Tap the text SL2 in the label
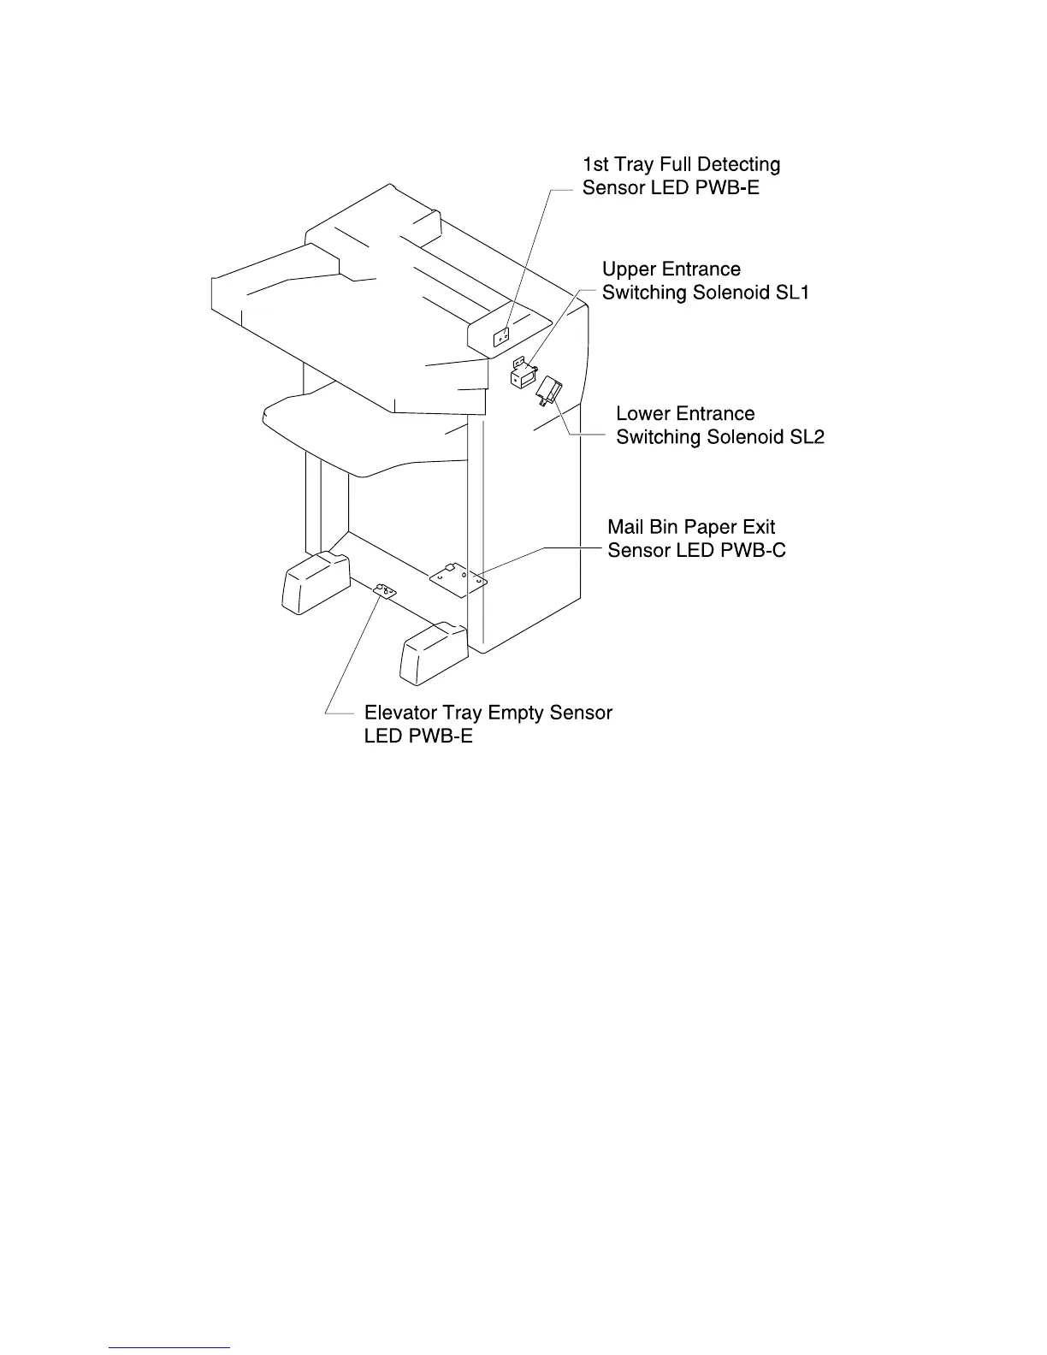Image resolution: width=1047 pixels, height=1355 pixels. [805, 437]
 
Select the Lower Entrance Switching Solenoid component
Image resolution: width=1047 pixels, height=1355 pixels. [548, 392]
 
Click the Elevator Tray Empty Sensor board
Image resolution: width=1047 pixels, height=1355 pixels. [384, 590]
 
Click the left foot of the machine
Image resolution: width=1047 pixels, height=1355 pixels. [314, 582]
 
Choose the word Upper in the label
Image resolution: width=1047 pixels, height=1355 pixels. [629, 269]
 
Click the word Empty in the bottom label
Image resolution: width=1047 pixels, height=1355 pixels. [516, 713]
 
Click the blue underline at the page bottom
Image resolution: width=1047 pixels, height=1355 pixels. [170, 1347]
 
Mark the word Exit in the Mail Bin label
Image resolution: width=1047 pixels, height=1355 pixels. [758, 527]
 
